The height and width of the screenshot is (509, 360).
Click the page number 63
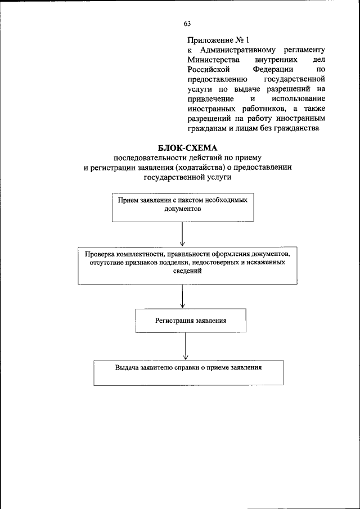[x=187, y=23]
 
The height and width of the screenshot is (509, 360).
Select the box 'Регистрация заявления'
[x=191, y=320]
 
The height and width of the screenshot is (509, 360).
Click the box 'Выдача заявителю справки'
[x=188, y=372]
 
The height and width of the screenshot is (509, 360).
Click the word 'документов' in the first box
[x=182, y=208]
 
